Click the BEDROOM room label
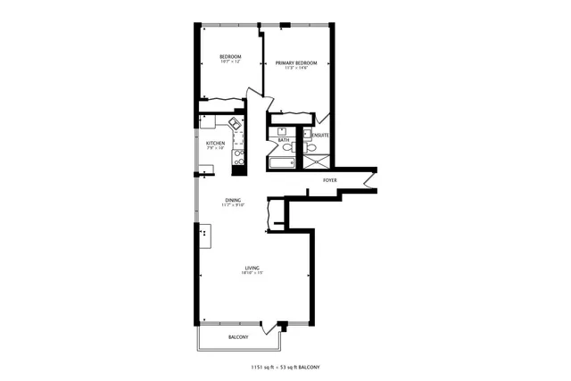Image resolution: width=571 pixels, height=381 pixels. coord(231,58)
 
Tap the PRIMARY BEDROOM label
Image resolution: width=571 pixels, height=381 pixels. coord(296,63)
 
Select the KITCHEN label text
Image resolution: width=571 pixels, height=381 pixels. coord(215,143)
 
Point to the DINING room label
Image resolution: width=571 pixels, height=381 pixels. coord(233,201)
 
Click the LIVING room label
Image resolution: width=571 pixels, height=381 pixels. coord(253,268)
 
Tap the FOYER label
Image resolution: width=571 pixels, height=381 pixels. coord(330,179)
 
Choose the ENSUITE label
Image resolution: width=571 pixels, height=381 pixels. coord(320,136)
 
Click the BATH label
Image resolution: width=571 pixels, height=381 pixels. coord(283,140)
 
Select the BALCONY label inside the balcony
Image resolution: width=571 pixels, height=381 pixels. coord(238,336)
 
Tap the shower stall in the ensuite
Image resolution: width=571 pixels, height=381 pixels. coord(316,162)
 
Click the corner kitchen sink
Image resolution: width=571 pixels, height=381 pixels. coord(235,123)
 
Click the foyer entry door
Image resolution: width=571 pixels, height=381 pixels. coord(370,181)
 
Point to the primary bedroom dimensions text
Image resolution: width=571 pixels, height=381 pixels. coord(296,69)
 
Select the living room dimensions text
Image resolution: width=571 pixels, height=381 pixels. coord(253,273)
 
